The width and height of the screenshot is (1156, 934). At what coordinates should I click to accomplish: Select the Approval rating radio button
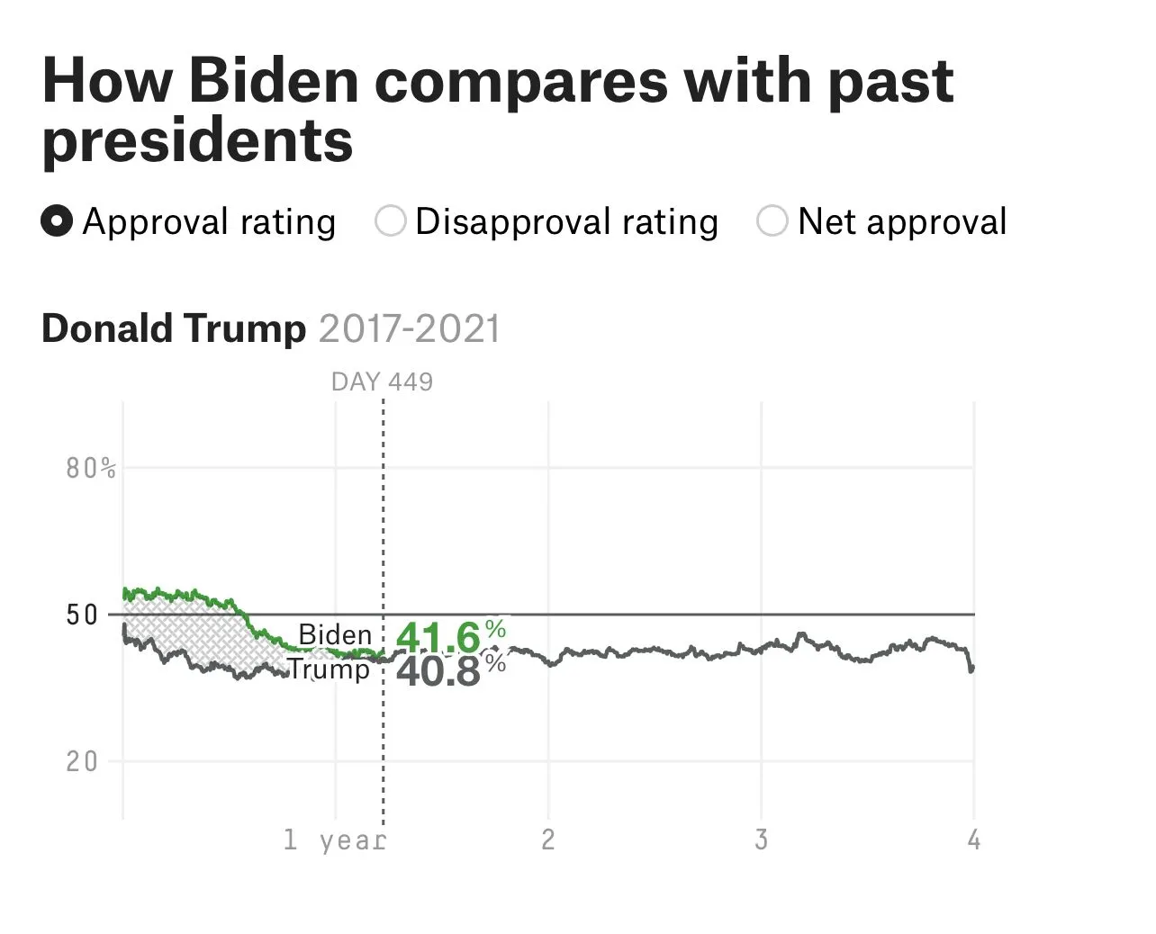pyautogui.click(x=57, y=221)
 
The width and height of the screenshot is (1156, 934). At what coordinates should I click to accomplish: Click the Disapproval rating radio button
pyautogui.click(x=391, y=221)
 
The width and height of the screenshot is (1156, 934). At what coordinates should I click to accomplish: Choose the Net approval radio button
pyautogui.click(x=772, y=221)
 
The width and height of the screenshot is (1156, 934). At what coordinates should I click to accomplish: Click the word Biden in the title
pyautogui.click(x=274, y=81)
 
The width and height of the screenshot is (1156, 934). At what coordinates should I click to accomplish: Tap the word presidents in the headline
pyautogui.click(x=197, y=140)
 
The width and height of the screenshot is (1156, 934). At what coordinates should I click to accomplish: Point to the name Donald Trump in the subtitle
pyautogui.click(x=174, y=328)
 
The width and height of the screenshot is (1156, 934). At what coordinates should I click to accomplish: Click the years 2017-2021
pyautogui.click(x=409, y=328)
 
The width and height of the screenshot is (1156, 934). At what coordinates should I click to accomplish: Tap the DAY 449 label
pyautogui.click(x=382, y=382)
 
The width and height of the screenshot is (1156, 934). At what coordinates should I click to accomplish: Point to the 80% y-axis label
pyautogui.click(x=90, y=468)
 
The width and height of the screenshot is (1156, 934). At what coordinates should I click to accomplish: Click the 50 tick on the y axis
pyautogui.click(x=82, y=615)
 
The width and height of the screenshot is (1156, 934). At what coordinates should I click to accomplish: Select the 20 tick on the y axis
pyautogui.click(x=82, y=762)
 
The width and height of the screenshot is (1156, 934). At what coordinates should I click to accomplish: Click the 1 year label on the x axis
pyautogui.click(x=334, y=840)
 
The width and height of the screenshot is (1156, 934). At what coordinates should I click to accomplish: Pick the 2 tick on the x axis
pyautogui.click(x=547, y=840)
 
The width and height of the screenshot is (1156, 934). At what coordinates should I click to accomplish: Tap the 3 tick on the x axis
pyautogui.click(x=761, y=840)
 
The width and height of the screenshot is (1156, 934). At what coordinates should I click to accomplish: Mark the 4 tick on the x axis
pyautogui.click(x=973, y=840)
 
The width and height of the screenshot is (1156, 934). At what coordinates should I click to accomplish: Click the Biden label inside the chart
pyautogui.click(x=335, y=634)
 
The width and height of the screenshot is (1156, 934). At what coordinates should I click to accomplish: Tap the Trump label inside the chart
pyautogui.click(x=329, y=669)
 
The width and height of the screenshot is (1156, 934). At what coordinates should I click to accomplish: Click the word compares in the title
pyautogui.click(x=521, y=81)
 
